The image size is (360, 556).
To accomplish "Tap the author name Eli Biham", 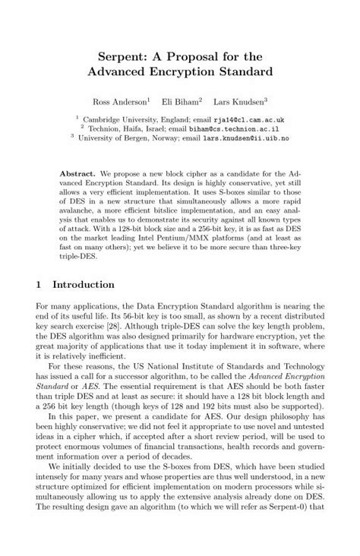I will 182,100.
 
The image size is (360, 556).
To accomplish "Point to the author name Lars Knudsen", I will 238,100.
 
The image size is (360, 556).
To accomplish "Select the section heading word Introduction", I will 83,285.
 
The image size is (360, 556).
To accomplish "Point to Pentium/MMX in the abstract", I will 194,238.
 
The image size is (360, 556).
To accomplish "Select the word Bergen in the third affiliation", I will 137,138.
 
